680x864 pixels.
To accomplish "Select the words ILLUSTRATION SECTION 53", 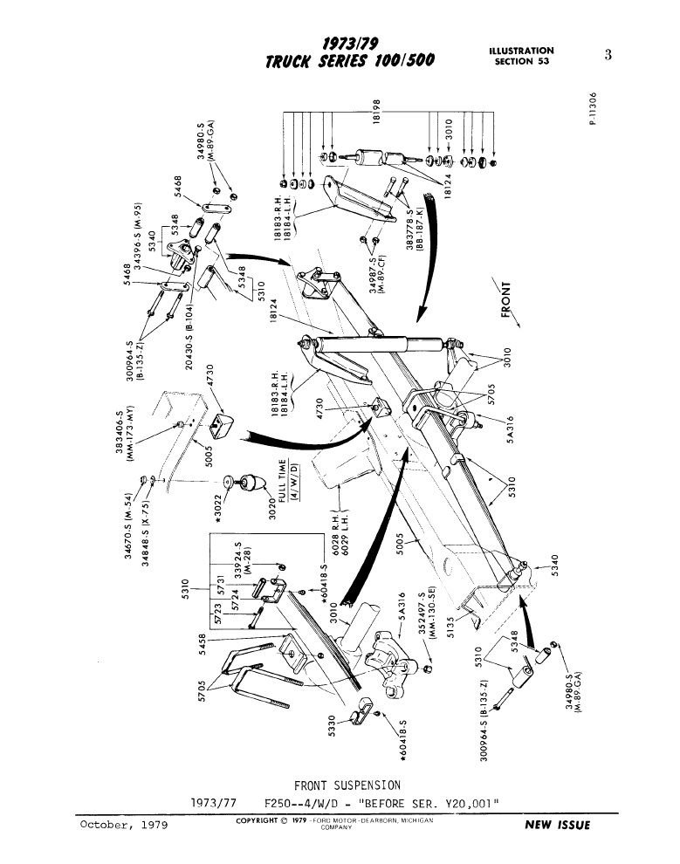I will point(523,57).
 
